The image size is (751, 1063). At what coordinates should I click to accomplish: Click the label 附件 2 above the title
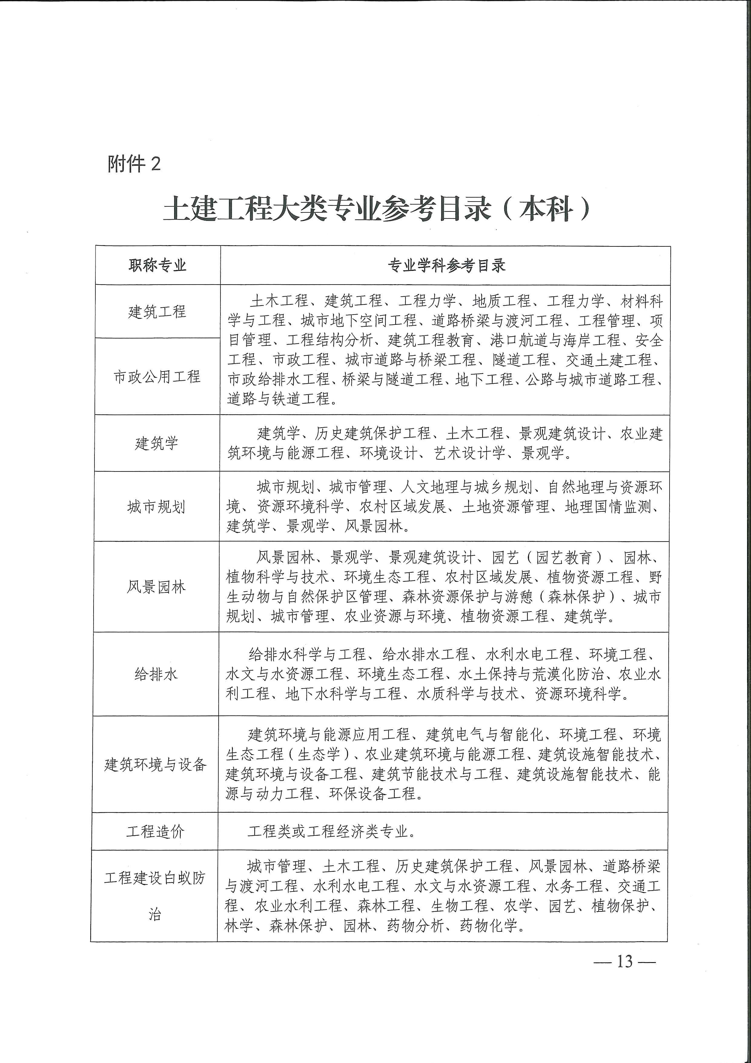pyautogui.click(x=134, y=163)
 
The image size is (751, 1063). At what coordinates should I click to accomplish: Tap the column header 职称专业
pyautogui.click(x=157, y=265)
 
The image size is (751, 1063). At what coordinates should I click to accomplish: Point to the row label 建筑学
pyautogui.click(x=156, y=443)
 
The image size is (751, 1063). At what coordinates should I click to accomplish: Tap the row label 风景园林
pyautogui.click(x=156, y=587)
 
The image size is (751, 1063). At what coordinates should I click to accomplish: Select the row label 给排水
pyautogui.click(x=156, y=674)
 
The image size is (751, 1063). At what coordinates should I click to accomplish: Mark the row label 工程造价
pyautogui.click(x=155, y=831)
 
